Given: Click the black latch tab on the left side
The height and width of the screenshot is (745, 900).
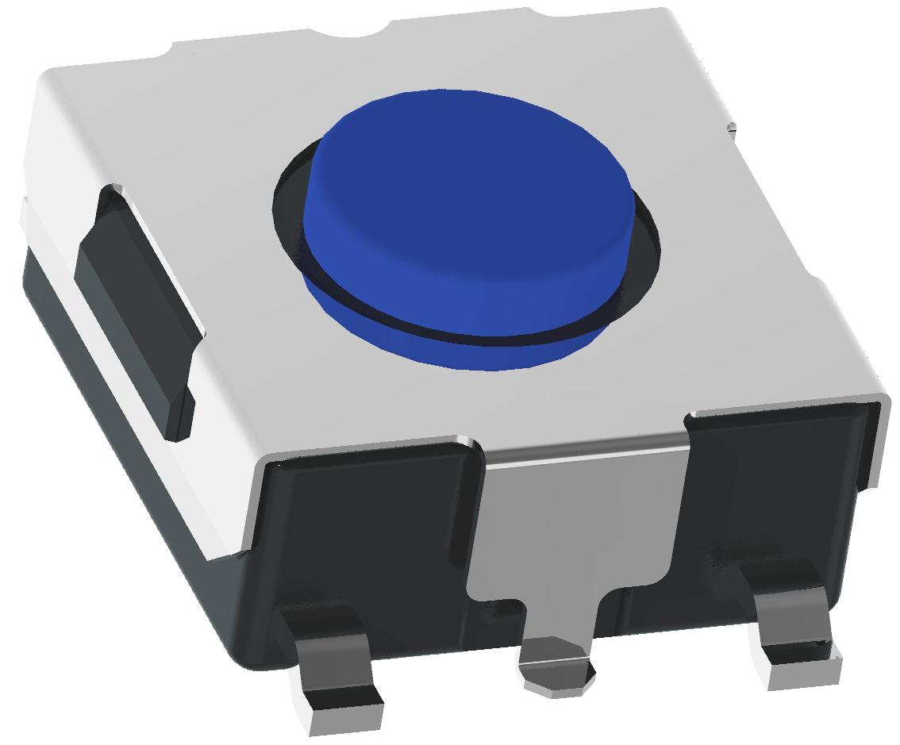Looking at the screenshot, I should tap(135, 309).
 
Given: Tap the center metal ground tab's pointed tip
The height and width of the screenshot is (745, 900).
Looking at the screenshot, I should tap(556, 674).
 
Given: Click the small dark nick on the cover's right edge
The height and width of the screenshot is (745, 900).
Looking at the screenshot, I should tap(731, 125).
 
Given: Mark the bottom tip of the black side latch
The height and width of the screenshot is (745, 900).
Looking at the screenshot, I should tap(179, 432).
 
